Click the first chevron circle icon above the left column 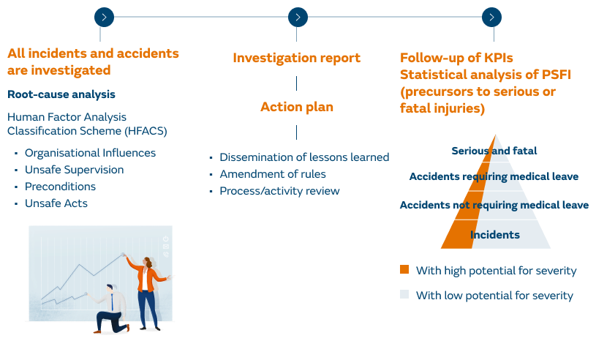pos(105,16)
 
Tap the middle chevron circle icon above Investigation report pos(297,16)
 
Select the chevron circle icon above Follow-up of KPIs pos(491,16)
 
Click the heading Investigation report pos(297,57)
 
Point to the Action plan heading pos(297,107)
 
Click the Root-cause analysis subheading pos(61,94)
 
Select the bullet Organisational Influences pos(90,153)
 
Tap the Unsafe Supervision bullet pos(74,170)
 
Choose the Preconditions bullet pos(60,187)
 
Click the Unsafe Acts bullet pos(56,203)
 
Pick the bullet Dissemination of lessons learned pos(304,157)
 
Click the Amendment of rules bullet pos(273,174)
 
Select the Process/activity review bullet pos(279,191)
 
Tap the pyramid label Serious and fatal pos(494,151)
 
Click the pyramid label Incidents pos(495,235)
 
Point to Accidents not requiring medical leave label pos(494,205)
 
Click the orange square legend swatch pos(404,270)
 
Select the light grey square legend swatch pos(404,295)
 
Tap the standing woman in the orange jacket pos(148,289)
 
